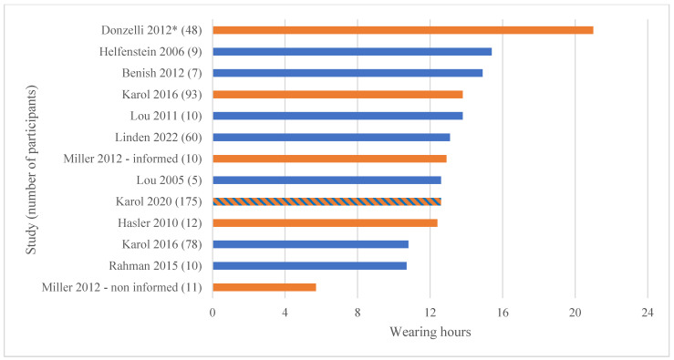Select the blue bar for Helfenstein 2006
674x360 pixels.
(352, 52)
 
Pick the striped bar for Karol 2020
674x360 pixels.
(327, 201)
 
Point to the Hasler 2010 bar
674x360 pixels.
(325, 222)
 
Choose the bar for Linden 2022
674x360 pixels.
(331, 138)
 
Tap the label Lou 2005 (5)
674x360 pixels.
(166, 180)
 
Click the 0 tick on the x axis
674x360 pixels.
(213, 312)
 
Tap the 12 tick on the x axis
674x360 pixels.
(430, 312)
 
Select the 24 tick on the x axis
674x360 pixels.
(648, 312)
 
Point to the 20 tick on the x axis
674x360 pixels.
(575, 312)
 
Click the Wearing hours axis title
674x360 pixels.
(430, 332)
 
